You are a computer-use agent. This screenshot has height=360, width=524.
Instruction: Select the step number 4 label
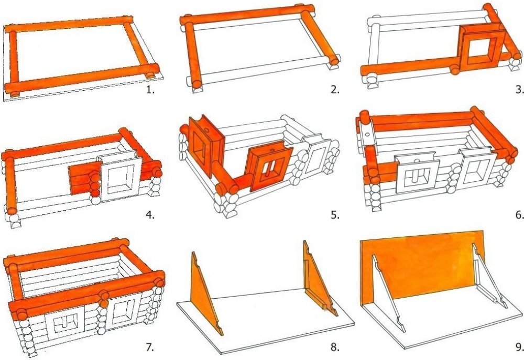pos(150,215)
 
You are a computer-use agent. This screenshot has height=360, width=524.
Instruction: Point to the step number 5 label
pos(335,215)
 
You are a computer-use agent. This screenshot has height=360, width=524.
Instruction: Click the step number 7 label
pos(150,347)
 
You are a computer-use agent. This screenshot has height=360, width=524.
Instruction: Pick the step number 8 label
pos(335,347)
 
